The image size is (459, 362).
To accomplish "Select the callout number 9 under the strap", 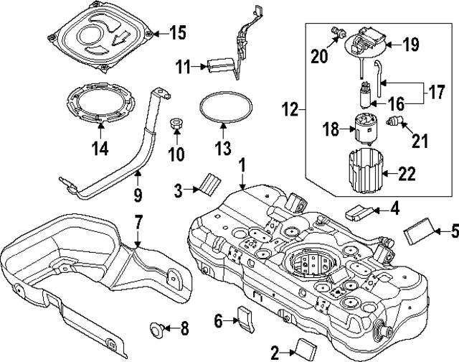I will pos(138,194).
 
